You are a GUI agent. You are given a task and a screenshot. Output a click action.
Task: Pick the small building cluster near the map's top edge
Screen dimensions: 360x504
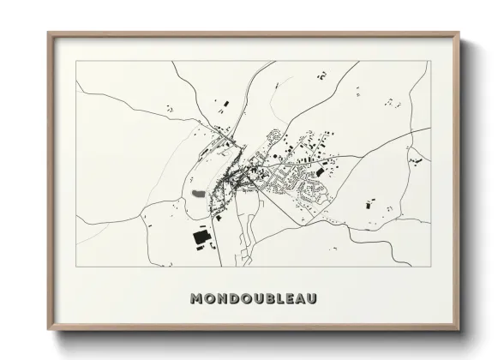(x=322, y=75)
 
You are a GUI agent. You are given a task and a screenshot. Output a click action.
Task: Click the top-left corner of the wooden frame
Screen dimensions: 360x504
(x=48, y=33)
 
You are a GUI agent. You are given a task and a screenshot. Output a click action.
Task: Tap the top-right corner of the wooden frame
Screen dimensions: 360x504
(x=459, y=33)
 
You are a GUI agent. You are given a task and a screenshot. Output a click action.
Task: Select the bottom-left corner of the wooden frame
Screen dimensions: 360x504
(x=48, y=330)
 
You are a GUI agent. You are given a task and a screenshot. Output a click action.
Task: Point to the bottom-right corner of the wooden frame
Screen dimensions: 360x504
(x=459, y=330)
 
